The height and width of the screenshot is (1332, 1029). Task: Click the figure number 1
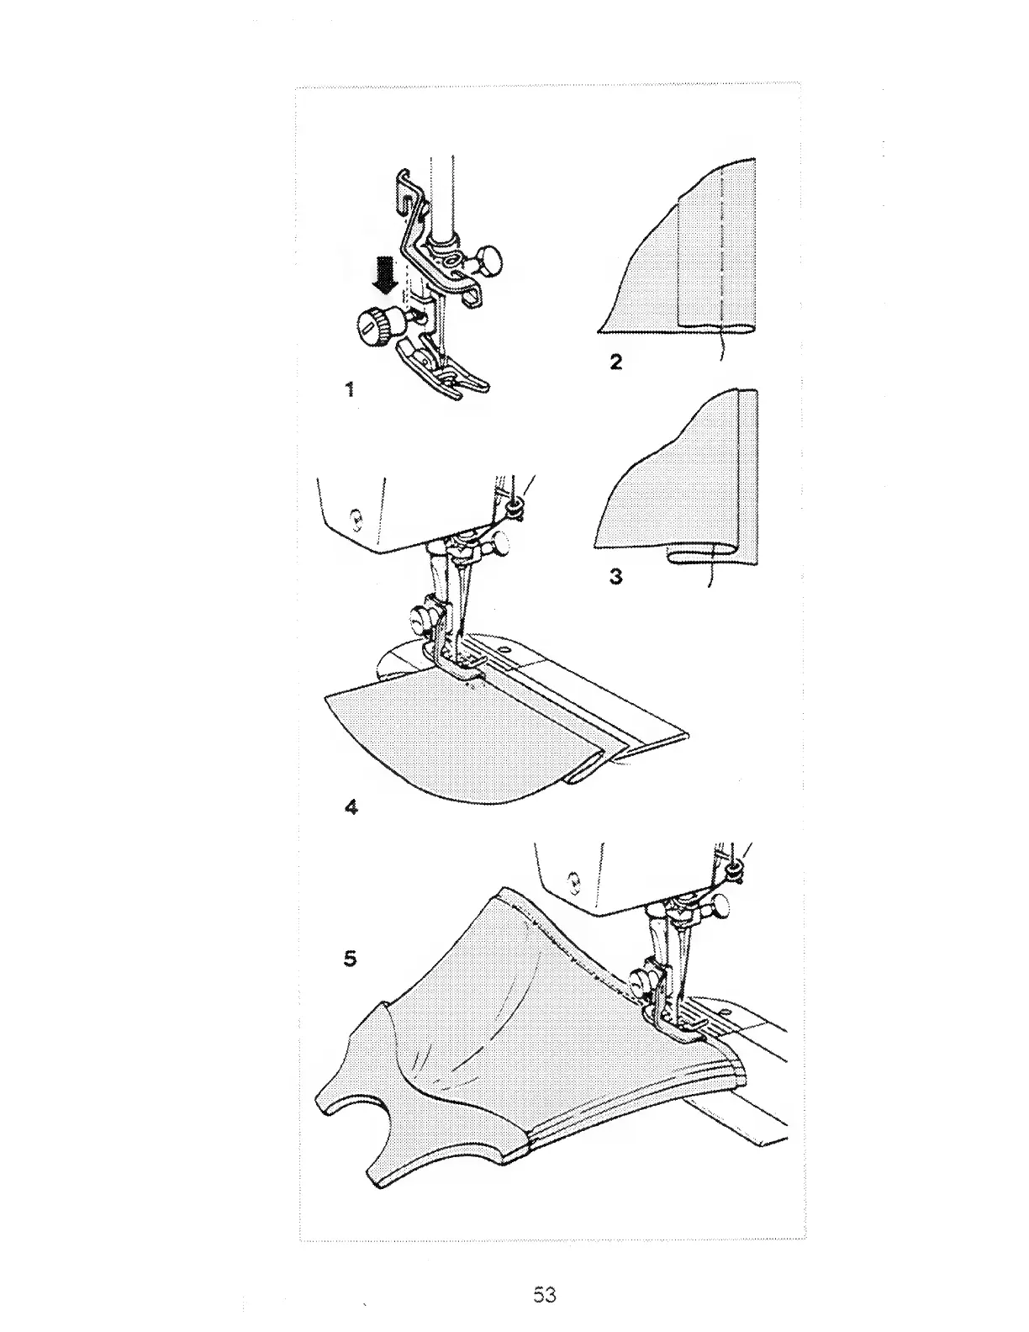point(350,390)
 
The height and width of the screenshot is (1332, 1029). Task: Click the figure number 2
point(616,363)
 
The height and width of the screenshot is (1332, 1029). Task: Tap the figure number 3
point(616,578)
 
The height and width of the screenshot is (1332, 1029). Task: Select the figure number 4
point(351,807)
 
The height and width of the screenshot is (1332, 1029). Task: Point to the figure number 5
point(351,958)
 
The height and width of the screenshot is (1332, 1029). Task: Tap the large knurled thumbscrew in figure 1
point(373,325)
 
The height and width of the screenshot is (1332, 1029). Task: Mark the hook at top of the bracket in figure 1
point(404,188)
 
